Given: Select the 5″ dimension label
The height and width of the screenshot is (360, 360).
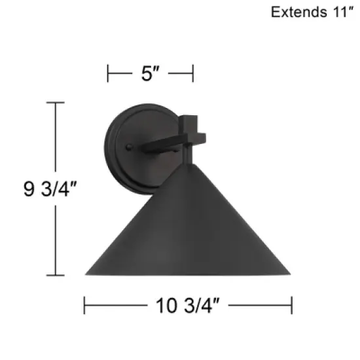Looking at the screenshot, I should (151, 74).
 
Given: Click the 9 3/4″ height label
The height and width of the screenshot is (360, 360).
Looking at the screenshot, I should (27, 189).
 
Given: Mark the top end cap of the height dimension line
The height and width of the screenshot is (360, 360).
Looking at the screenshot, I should (55, 103).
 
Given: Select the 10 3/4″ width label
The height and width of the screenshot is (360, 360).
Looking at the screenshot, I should (187, 304).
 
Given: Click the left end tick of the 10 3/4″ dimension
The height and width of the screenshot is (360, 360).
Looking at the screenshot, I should (85, 304).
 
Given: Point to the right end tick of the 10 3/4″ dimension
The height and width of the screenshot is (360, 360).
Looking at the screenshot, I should (291, 304).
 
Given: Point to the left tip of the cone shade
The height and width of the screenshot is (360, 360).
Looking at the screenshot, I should (87, 274).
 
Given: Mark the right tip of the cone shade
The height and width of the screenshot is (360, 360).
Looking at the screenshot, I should (290, 274).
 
